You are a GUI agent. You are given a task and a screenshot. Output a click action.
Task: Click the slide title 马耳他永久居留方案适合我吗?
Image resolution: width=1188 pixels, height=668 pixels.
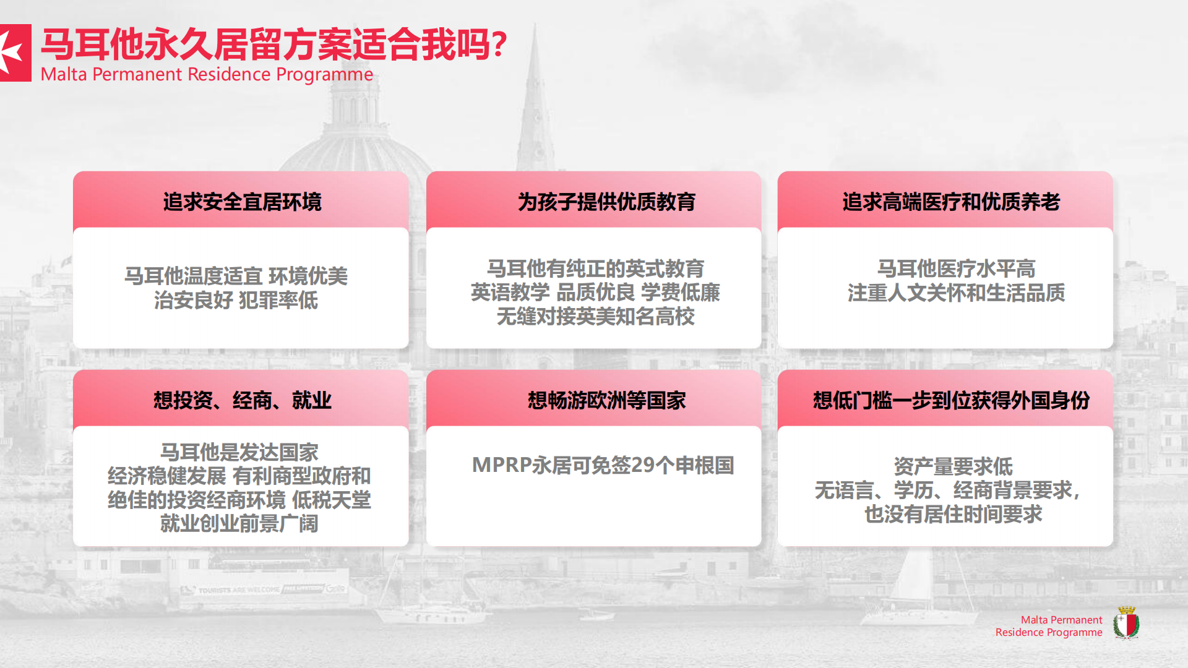[273, 45]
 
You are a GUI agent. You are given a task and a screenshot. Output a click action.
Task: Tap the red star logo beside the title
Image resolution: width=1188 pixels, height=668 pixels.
[15, 53]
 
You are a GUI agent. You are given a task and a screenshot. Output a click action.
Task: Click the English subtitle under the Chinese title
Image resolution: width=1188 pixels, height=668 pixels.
[207, 74]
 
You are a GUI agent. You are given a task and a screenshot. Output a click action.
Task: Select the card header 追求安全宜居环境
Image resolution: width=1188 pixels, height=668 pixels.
[242, 202]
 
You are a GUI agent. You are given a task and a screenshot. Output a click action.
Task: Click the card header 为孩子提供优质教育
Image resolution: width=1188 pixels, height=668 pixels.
[606, 202]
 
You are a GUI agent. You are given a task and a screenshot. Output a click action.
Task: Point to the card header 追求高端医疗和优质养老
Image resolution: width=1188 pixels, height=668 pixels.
[951, 202]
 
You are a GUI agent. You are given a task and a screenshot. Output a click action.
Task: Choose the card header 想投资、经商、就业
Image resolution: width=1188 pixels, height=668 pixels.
[242, 400]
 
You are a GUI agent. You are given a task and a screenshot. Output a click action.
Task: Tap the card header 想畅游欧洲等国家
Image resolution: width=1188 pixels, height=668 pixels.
[606, 400]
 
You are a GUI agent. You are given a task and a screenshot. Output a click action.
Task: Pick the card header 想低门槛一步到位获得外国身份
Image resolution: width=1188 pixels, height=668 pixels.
[951, 400]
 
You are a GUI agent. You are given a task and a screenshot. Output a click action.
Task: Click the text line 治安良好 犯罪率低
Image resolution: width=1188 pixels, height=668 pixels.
[236, 300]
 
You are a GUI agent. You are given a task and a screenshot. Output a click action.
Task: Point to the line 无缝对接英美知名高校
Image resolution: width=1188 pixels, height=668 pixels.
[595, 316]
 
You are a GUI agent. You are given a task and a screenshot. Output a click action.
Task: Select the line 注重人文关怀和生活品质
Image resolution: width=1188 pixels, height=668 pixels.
[956, 293]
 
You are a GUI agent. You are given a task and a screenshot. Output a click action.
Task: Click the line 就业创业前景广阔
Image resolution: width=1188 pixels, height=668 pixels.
[239, 523]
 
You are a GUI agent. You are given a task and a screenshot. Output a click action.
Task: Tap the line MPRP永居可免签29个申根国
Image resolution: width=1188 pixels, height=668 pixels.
[603, 465]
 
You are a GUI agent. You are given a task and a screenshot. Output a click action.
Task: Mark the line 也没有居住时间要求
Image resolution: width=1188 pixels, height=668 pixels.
[953, 514]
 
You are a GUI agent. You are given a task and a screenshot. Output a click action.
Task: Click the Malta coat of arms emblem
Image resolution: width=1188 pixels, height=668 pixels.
[1126, 622]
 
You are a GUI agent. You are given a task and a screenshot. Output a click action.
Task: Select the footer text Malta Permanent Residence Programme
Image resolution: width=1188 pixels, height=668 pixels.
[1049, 626]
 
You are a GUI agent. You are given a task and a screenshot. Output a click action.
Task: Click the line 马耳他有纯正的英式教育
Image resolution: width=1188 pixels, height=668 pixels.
[595, 268]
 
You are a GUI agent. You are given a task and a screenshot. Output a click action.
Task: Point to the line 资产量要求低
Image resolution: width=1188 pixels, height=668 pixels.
[953, 466]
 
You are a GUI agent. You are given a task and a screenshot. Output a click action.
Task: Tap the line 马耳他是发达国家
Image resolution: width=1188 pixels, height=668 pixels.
[239, 452]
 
